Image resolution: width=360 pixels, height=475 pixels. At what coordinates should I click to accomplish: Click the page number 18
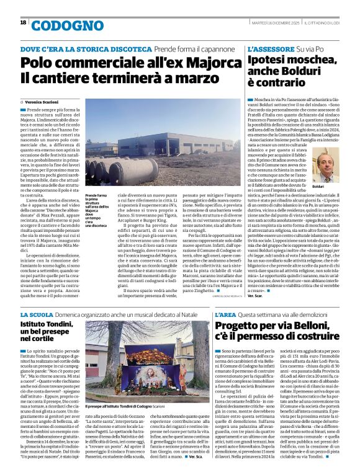(23, 22)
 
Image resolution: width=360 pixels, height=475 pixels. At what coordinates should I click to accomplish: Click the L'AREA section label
(225, 315)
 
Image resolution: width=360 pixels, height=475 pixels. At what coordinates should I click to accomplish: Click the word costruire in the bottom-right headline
(307, 337)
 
